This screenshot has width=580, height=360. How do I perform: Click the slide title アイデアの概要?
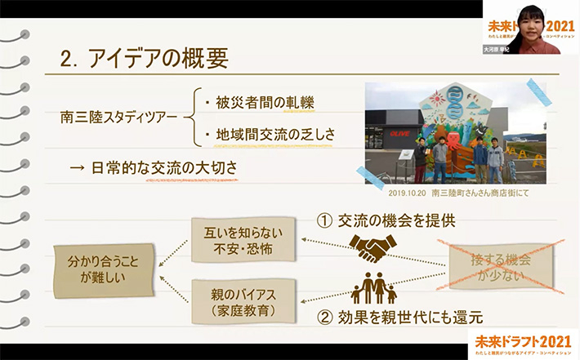(155, 59)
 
